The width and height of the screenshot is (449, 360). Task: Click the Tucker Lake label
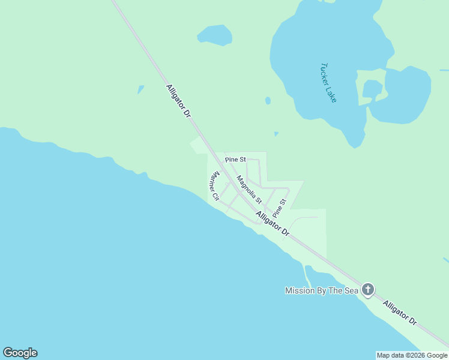click(328, 83)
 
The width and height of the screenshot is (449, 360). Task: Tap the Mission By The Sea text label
click(321, 291)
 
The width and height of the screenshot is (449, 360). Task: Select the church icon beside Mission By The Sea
click(367, 290)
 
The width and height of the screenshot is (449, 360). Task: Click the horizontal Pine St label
click(235, 160)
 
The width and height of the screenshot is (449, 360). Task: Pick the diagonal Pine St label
click(279, 208)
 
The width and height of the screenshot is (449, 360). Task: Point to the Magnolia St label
click(249, 189)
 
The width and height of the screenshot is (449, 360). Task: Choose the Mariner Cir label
click(213, 186)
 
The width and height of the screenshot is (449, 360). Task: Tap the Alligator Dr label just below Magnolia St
click(272, 223)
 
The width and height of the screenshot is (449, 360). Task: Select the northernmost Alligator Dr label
click(178, 100)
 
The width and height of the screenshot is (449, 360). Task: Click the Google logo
click(20, 353)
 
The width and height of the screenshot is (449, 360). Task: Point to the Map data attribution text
click(412, 355)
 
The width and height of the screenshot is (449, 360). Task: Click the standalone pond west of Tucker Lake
click(214, 35)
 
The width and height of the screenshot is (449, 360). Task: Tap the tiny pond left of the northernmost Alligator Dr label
click(140, 89)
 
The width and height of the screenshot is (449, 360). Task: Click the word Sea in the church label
click(350, 291)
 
